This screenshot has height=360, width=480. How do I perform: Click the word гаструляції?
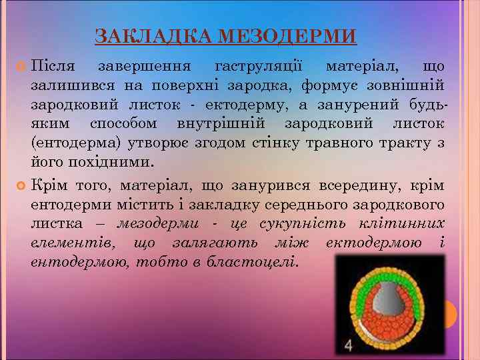pos(259,67)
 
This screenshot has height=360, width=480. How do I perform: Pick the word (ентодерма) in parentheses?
pos(71,143)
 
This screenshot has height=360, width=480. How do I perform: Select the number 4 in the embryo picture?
pos(349,345)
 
